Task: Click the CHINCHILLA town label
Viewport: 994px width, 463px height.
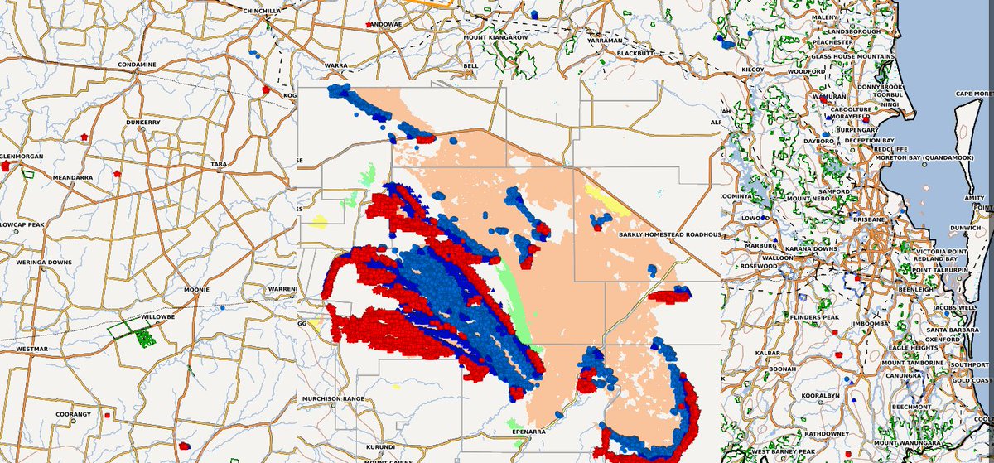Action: click(x=261, y=11)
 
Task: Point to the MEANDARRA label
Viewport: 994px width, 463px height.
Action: click(x=74, y=177)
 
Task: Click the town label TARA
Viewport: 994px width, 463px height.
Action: click(x=219, y=165)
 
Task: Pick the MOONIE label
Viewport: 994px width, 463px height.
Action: click(x=196, y=290)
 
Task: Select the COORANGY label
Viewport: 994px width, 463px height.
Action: click(x=74, y=414)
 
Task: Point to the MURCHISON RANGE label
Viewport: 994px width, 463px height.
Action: click(x=333, y=399)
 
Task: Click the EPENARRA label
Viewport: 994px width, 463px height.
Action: click(x=528, y=432)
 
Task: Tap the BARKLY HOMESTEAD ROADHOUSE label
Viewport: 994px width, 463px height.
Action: click(x=669, y=235)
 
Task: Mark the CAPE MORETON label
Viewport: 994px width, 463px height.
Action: click(x=974, y=94)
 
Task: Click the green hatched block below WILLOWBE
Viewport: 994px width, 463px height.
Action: click(x=146, y=338)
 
